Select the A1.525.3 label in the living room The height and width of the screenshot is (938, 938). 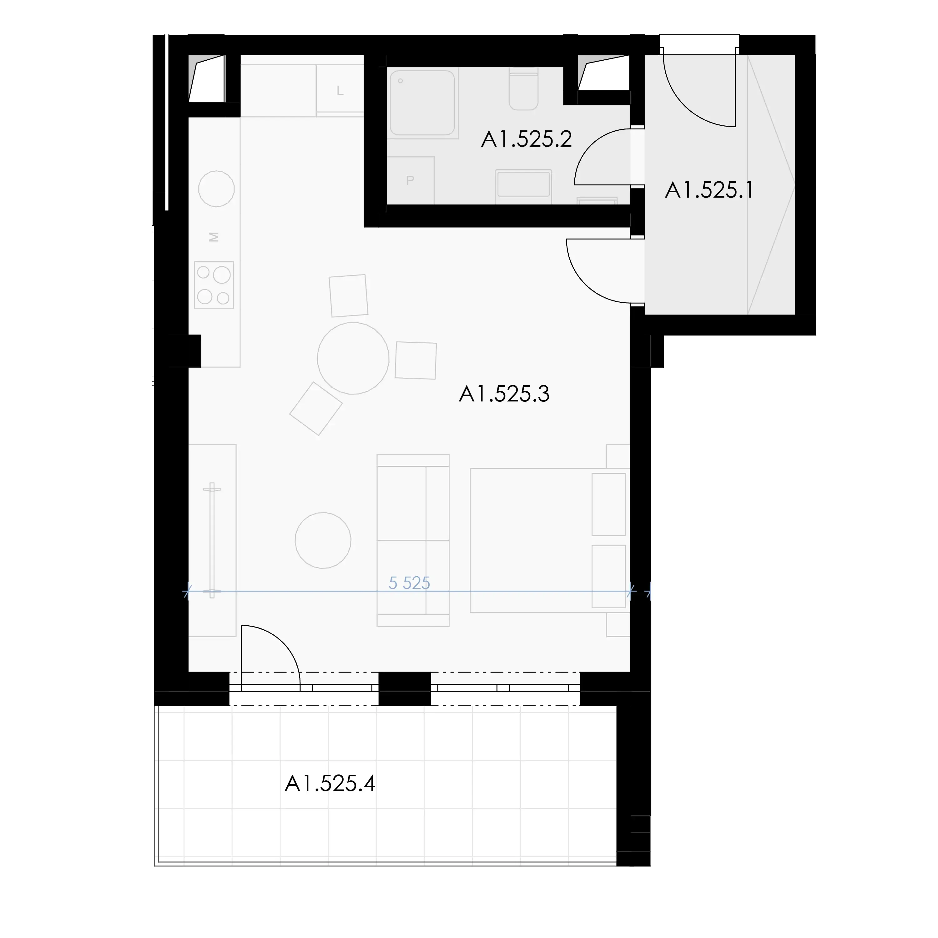coord(504,394)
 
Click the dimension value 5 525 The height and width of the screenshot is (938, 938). coord(409,582)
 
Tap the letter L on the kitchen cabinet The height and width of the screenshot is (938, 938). coord(340,91)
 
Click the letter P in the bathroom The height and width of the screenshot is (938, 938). coord(410,181)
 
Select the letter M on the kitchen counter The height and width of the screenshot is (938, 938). coord(214,237)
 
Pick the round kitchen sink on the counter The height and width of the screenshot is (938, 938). coord(217,189)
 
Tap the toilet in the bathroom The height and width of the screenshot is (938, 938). coord(523,90)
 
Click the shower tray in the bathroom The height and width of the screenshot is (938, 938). coord(422,103)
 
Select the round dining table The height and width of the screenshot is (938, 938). coord(353,358)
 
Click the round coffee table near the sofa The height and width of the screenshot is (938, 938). coord(323,540)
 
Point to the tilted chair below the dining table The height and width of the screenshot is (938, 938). coord(316,409)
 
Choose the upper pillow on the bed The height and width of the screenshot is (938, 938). coord(609,504)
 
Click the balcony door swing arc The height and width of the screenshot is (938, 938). coord(284,642)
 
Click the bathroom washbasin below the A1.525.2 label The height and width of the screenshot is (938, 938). coord(523,184)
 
